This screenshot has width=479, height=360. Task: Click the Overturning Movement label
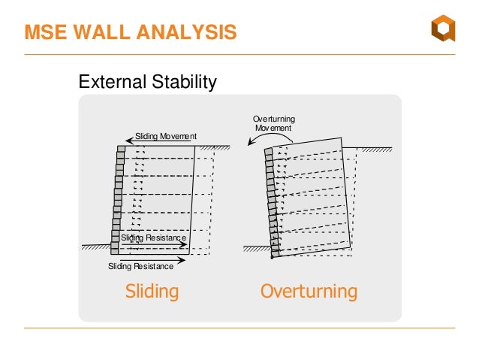pyautogui.click(x=274, y=124)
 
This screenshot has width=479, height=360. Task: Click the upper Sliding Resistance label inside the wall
pyautogui.click(x=153, y=237)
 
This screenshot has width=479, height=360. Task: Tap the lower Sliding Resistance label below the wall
pyautogui.click(x=140, y=266)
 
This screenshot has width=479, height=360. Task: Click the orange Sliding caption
pyautogui.click(x=152, y=292)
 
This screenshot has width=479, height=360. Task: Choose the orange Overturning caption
pyautogui.click(x=309, y=292)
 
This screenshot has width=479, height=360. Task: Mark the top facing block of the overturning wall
pyautogui.click(x=268, y=152)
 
